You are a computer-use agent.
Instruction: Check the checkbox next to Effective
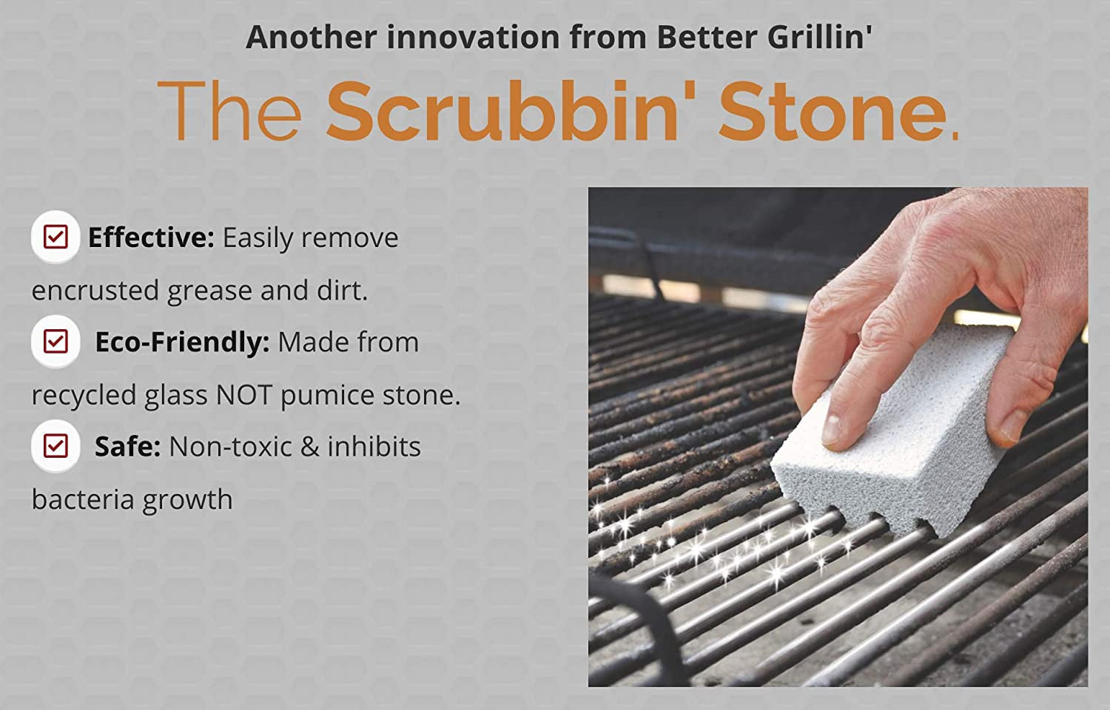click(x=55, y=237)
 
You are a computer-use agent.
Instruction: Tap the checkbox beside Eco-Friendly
click(x=55, y=342)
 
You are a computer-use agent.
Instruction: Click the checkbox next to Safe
click(x=55, y=447)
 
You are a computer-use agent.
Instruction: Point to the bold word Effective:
click(x=151, y=238)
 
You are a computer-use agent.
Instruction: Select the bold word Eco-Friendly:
click(x=182, y=342)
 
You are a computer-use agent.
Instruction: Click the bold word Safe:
click(x=127, y=447)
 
